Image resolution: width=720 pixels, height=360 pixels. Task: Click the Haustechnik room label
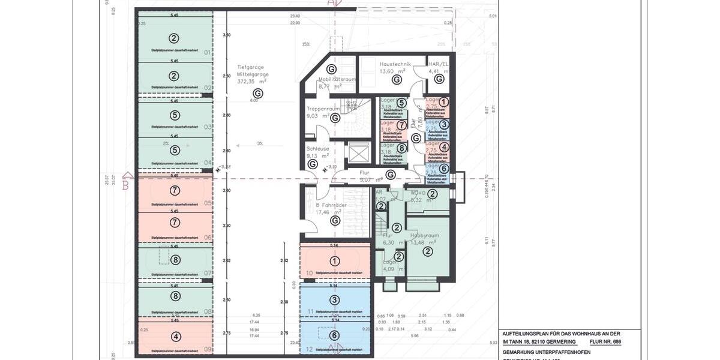[395, 64]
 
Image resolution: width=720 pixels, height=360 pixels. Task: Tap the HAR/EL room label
[439, 64]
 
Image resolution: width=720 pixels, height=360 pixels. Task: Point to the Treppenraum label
[323, 109]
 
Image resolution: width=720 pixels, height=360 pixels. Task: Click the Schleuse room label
[317, 148]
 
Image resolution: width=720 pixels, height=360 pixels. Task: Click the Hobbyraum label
[427, 236]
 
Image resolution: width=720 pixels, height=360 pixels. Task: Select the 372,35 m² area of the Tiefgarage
[252, 82]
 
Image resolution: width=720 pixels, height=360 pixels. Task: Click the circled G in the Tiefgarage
[258, 93]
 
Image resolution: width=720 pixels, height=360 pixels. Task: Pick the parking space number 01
[208, 53]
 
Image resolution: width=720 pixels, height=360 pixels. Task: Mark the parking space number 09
[207, 349]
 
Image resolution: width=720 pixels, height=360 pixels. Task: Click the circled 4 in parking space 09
[175, 337]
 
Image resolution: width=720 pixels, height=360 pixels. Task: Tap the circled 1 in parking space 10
[335, 261]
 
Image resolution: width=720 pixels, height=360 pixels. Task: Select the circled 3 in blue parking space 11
[335, 300]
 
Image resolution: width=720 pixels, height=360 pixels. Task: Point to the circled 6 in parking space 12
[335, 335]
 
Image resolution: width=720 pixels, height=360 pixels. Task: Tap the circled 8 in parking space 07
[175, 260]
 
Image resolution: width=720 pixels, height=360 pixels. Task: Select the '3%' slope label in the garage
[260, 144]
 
